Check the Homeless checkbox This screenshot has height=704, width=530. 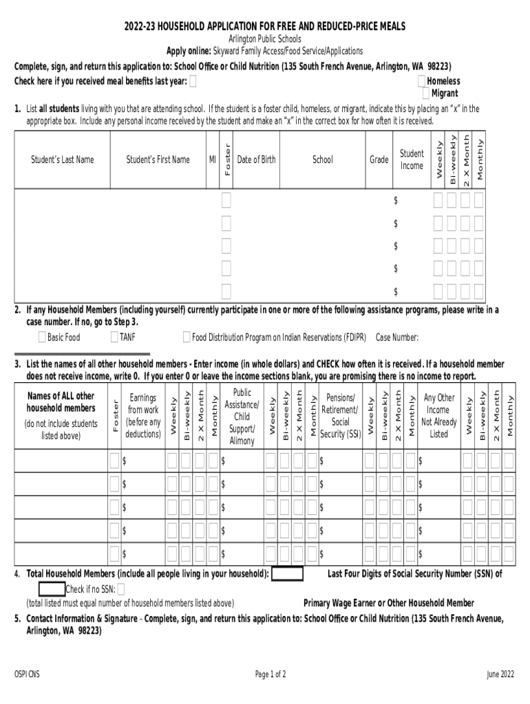pyautogui.click(x=422, y=81)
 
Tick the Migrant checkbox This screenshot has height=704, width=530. pyautogui.click(x=427, y=93)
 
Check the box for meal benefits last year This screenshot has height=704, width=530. pyautogui.click(x=193, y=81)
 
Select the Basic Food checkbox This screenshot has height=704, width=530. pyautogui.click(x=42, y=337)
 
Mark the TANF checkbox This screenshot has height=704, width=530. pyautogui.click(x=114, y=337)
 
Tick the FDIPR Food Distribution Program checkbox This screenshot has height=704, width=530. pyautogui.click(x=187, y=337)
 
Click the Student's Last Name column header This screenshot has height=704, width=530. pyautogui.click(x=62, y=159)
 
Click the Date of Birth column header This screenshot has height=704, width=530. pyautogui.click(x=256, y=159)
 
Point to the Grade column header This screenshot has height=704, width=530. pyautogui.click(x=379, y=159)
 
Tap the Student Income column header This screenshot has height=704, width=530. pyautogui.click(x=412, y=159)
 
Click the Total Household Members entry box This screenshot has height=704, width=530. pyautogui.click(x=288, y=574)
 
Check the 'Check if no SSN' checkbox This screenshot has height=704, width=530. pyautogui.click(x=121, y=589)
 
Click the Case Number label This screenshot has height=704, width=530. pyautogui.click(x=397, y=338)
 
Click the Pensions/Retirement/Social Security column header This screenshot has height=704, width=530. pyautogui.click(x=340, y=416)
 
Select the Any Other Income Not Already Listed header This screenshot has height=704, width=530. pyautogui.click(x=438, y=416)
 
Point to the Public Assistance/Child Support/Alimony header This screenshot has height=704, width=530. pyautogui.click(x=242, y=417)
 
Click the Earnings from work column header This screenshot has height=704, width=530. pyautogui.click(x=143, y=416)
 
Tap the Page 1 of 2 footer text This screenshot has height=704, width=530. pyautogui.click(x=271, y=674)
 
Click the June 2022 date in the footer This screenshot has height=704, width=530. pyautogui.click(x=500, y=674)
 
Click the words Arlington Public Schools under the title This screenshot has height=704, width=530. pyautogui.click(x=265, y=39)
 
